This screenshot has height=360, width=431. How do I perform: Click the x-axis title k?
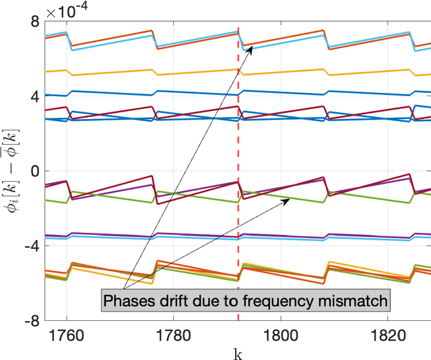click(237, 352)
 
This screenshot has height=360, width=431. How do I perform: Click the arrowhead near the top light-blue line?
click(250, 48)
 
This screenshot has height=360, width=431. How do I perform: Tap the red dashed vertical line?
click(238, 135)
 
